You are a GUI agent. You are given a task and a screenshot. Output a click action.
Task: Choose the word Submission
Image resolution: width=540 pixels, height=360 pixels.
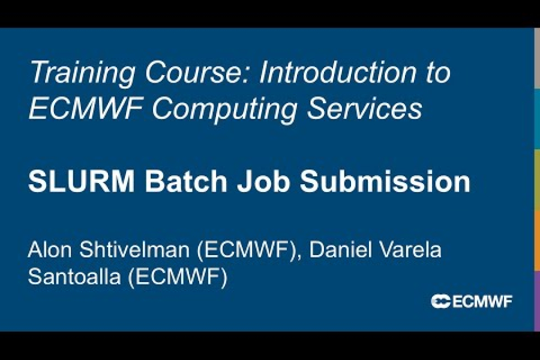point(385,182)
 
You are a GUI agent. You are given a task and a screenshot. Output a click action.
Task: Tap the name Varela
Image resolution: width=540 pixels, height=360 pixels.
point(410,250)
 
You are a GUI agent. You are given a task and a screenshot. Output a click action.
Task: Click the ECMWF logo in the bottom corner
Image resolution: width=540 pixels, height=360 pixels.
point(472,301)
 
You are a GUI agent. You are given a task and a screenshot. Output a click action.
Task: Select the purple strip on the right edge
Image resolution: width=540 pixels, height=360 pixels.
point(536,300)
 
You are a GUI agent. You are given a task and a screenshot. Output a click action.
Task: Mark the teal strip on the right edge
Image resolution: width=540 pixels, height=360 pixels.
point(536,119)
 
